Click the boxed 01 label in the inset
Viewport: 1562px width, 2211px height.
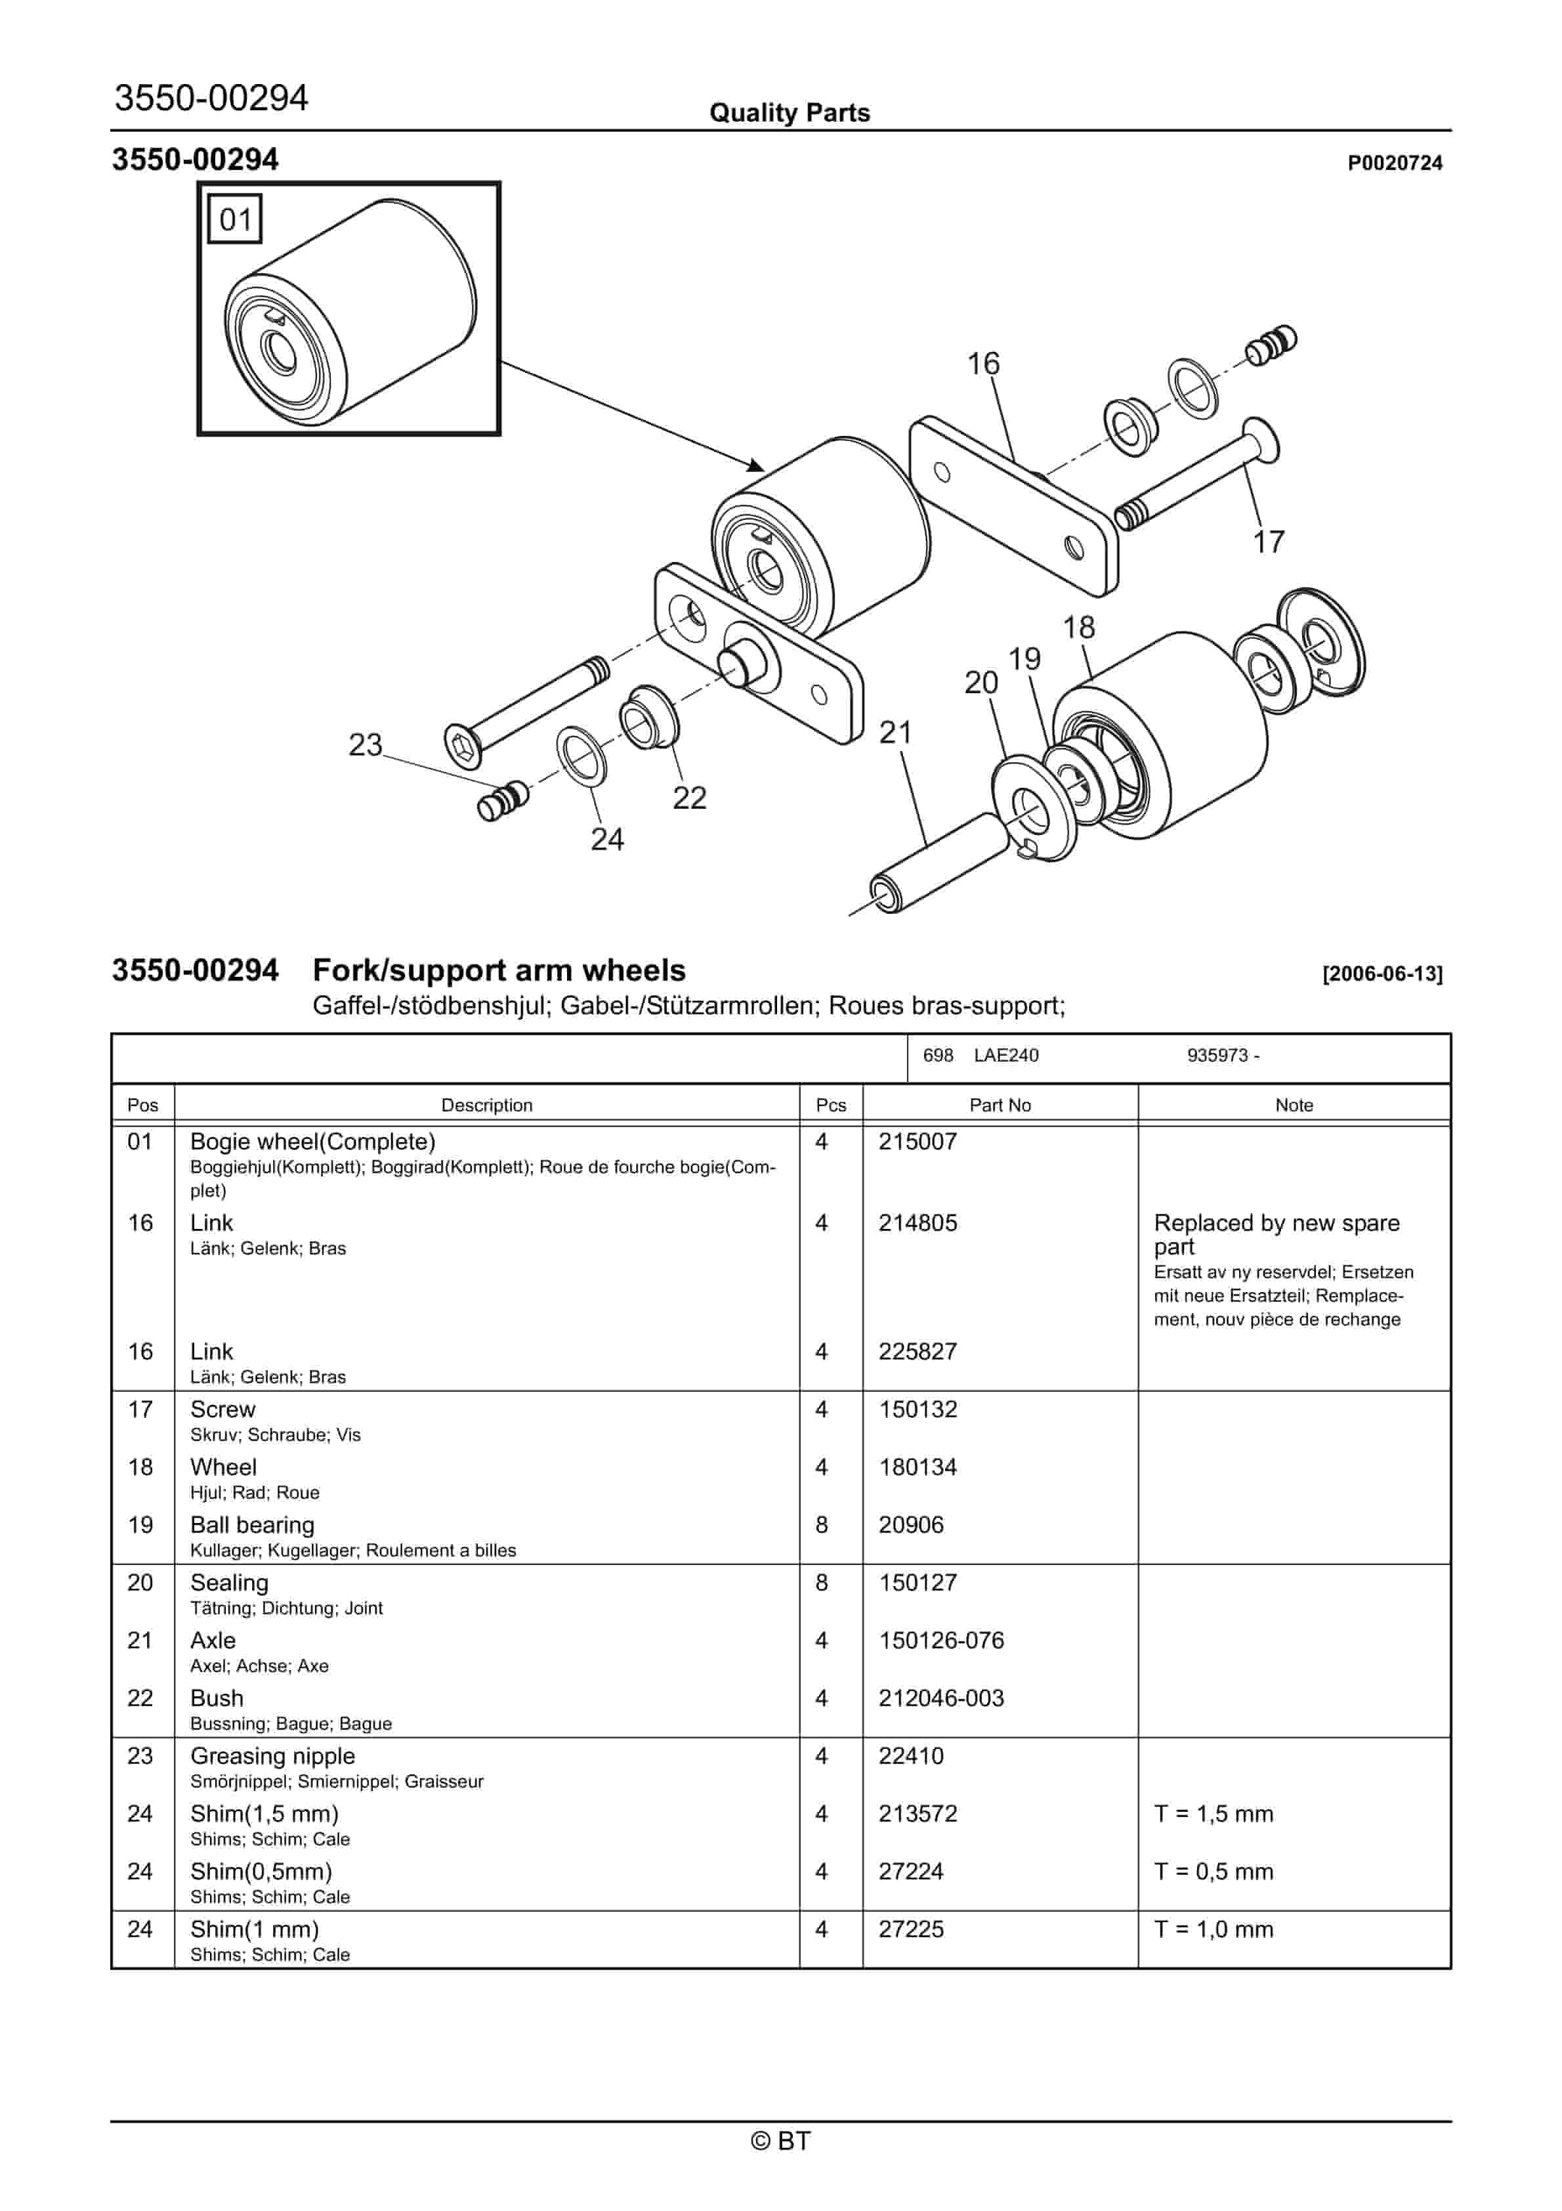[235, 219]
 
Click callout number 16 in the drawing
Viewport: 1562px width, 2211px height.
[983, 364]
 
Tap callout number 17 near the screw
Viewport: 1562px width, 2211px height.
[1268, 542]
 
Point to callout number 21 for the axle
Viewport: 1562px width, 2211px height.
[895, 733]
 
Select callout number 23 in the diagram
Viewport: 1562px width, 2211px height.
[365, 744]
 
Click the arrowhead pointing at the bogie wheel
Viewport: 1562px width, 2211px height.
[757, 465]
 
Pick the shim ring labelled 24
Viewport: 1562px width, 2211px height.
[581, 756]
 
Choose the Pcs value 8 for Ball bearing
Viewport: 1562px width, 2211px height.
[822, 1524]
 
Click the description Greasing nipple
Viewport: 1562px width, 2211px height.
[272, 1755]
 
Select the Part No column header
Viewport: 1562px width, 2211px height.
[1000, 1105]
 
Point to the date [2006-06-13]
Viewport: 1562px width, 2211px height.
[1382, 974]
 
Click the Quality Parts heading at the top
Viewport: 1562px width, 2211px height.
[789, 113]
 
